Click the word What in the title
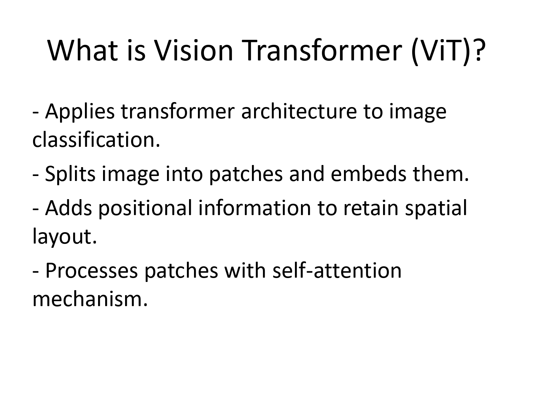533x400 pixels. [82, 50]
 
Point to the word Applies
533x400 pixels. [80, 112]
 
